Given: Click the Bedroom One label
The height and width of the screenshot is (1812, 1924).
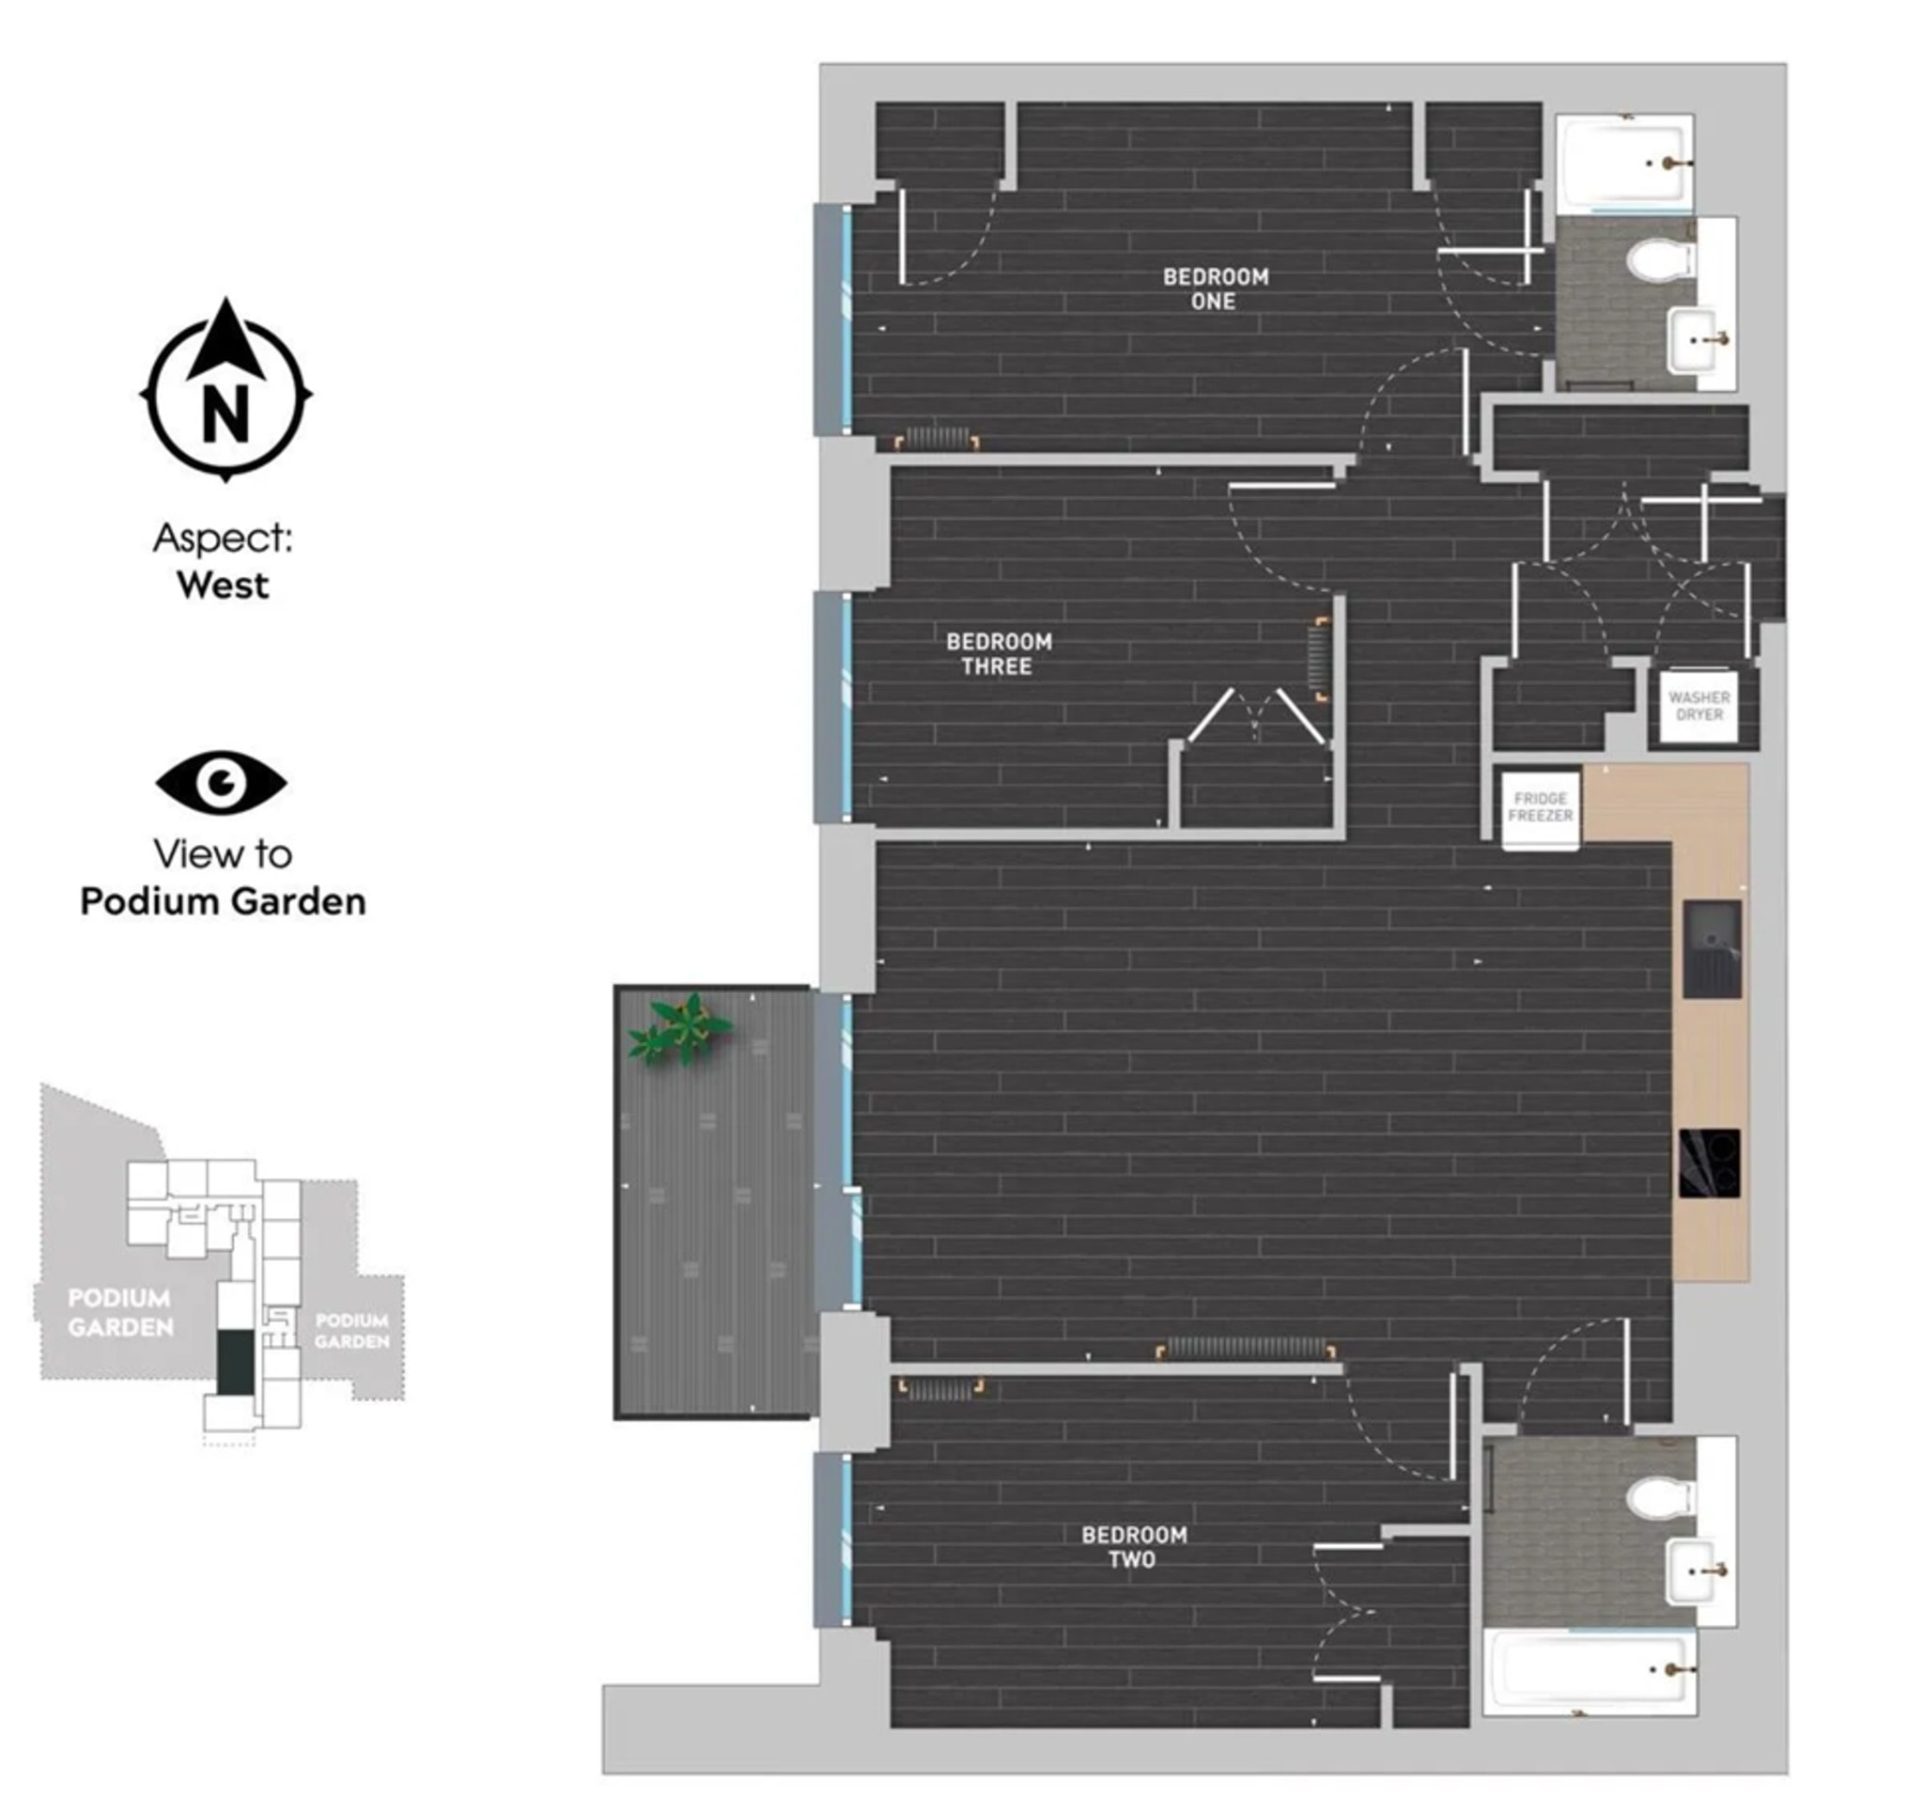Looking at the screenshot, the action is click(x=1215, y=289).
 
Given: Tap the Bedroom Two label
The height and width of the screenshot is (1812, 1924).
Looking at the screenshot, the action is click(x=1133, y=1546).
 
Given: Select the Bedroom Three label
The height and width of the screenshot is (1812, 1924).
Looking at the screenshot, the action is click(x=999, y=653).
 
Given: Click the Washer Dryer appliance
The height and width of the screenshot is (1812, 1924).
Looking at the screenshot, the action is click(x=1699, y=706).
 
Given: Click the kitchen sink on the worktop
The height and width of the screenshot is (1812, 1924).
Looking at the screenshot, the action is click(x=1712, y=948).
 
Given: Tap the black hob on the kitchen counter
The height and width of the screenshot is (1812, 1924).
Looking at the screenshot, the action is click(x=1710, y=1163).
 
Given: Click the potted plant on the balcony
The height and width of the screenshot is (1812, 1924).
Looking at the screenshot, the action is click(x=680, y=1029).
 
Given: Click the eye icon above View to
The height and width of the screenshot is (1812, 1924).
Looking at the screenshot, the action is click(x=222, y=782).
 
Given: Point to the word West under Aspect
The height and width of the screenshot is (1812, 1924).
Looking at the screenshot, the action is click(x=223, y=586).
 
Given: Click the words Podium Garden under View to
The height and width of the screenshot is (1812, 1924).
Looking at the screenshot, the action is click(x=223, y=901).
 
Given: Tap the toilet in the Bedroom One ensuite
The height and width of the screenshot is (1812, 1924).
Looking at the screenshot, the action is click(x=1660, y=259).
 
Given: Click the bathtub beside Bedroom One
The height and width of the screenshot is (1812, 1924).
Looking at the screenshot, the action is click(x=1625, y=163).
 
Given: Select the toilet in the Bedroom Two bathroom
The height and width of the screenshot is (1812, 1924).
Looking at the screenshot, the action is click(x=1661, y=1498).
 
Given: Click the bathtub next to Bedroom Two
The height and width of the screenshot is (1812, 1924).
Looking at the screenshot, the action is click(x=1590, y=1671).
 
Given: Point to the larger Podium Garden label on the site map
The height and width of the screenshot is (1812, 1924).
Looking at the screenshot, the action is click(x=120, y=1313).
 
